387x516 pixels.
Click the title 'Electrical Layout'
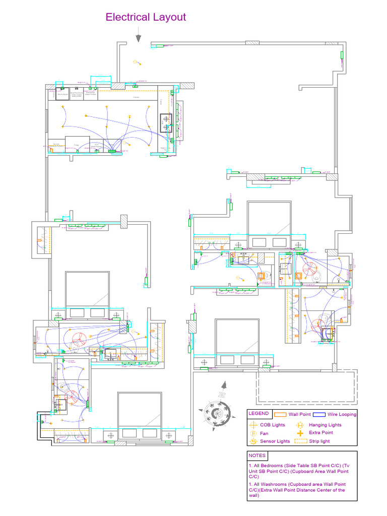(x=146, y=17)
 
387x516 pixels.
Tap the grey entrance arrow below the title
(x=138, y=37)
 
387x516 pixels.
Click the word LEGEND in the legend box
(x=259, y=414)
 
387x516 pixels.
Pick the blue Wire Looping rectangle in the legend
(x=318, y=414)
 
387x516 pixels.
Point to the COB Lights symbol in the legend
(x=253, y=425)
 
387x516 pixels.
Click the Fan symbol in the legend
(x=253, y=433)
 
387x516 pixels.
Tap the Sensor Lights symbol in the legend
(x=253, y=441)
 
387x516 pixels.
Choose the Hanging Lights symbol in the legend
(x=300, y=425)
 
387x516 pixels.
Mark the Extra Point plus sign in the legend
(x=300, y=433)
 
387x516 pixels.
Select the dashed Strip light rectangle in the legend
(x=300, y=441)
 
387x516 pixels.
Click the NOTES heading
(x=257, y=456)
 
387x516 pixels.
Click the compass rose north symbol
(x=217, y=412)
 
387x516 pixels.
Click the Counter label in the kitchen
(x=136, y=97)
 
